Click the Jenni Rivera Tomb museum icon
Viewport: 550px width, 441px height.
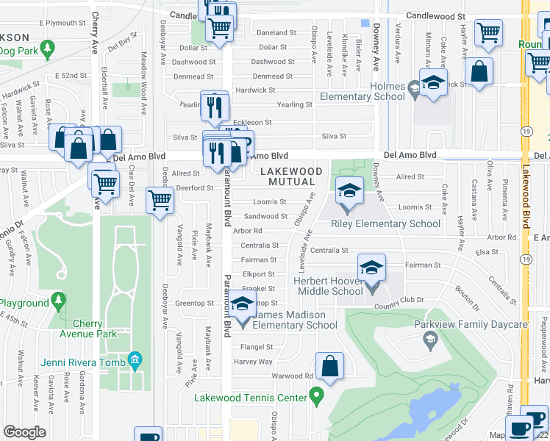[x=135, y=359]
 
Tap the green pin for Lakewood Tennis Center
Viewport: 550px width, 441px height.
[x=317, y=398]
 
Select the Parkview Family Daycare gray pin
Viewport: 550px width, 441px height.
[x=430, y=339]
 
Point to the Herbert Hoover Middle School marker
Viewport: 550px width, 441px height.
[x=372, y=268]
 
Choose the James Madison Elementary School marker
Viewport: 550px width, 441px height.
[x=241, y=303]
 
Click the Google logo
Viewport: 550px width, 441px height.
[x=24, y=432]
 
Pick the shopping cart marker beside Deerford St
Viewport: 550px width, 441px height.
[x=160, y=198]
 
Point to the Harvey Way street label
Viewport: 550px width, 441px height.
[x=253, y=362]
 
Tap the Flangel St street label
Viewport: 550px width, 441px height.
[x=257, y=347]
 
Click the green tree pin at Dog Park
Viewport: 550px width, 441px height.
[x=49, y=50]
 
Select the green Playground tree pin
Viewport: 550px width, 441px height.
[x=60, y=301]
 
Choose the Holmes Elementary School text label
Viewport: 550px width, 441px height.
[x=365, y=92]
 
